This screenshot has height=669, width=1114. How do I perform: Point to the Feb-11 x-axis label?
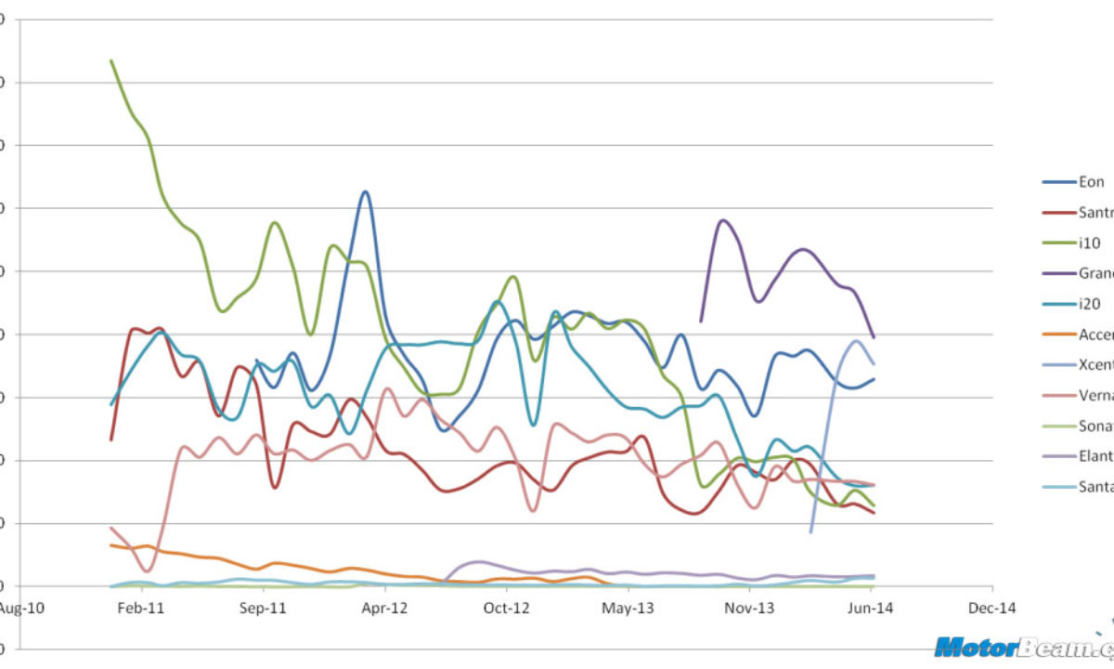click(142, 609)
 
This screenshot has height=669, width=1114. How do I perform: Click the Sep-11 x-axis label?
click(264, 609)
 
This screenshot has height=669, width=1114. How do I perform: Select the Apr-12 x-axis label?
click(384, 609)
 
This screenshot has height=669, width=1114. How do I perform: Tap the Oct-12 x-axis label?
click(506, 609)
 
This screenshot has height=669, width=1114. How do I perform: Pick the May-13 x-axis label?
click(628, 609)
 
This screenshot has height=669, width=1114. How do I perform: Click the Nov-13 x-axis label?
click(749, 609)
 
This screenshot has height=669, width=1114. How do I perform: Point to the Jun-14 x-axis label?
click(871, 609)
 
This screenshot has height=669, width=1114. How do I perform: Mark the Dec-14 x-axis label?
click(991, 609)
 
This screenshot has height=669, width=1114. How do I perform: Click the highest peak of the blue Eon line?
click(366, 191)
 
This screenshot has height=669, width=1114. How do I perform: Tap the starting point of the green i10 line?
click(111, 60)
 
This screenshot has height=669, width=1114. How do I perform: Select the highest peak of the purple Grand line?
click(723, 220)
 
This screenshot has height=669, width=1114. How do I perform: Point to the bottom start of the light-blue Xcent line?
click(810, 532)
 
